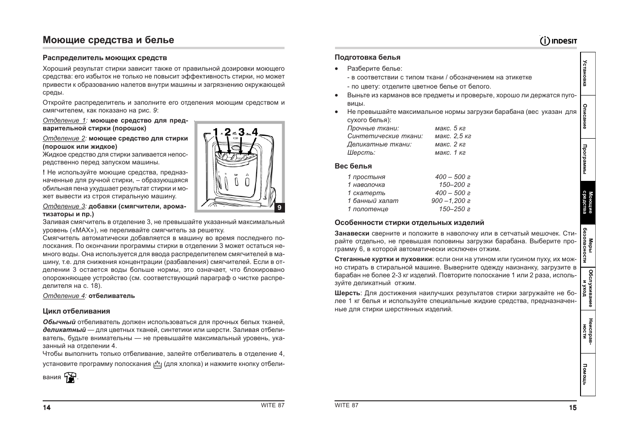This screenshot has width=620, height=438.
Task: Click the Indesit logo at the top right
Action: (x=559, y=41)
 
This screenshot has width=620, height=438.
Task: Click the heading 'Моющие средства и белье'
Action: (x=108, y=40)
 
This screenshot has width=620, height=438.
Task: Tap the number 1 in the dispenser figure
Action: (x=215, y=132)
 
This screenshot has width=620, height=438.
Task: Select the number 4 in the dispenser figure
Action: (x=255, y=132)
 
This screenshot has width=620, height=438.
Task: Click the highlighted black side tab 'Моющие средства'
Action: (x=588, y=202)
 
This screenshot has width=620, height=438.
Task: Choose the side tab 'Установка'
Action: (x=588, y=73)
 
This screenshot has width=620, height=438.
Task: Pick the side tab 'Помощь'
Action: (x=588, y=374)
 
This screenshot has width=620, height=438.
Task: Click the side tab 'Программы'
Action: (x=588, y=159)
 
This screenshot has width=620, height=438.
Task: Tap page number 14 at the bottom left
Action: (x=47, y=407)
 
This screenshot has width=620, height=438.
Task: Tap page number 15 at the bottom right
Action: (x=572, y=407)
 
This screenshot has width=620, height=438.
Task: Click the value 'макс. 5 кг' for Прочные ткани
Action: (x=450, y=128)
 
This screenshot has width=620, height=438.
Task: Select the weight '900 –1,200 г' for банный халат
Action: (x=451, y=201)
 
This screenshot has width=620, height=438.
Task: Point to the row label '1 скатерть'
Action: (x=366, y=193)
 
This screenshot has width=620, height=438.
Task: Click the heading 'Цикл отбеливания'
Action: (x=76, y=311)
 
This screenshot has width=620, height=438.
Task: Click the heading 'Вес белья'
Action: (x=353, y=166)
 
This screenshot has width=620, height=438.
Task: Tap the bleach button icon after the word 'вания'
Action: (x=70, y=377)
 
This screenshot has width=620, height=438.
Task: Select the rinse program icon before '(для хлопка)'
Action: (x=157, y=365)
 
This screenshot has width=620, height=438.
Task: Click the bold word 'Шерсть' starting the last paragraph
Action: (x=347, y=293)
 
